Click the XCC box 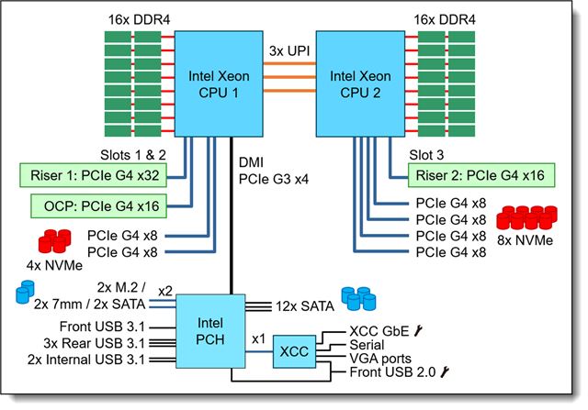click(x=295, y=349)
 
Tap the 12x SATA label click(x=304, y=304)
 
